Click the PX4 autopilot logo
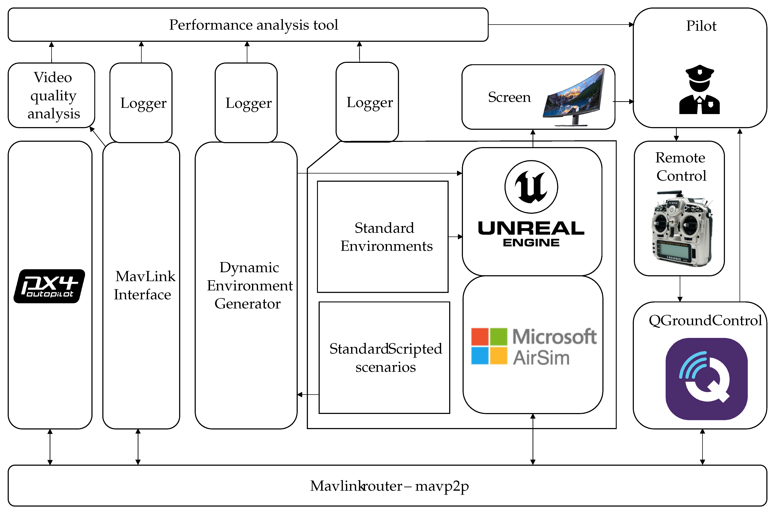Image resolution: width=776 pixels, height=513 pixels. click(49, 286)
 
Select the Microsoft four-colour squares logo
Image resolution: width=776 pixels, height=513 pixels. click(489, 346)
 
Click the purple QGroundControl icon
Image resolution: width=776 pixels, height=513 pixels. click(706, 379)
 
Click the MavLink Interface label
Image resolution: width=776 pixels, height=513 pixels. click(144, 285)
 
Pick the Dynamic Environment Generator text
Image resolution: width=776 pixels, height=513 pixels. click(249, 286)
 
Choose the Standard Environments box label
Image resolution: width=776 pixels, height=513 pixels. click(386, 237)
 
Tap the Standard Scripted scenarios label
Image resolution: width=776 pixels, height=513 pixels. click(386, 358)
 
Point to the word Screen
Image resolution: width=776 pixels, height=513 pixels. click(509, 97)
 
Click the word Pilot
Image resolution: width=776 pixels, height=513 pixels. click(701, 26)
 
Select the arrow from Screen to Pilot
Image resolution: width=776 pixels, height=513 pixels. click(623, 101)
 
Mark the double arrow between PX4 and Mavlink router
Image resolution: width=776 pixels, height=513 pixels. click(50, 447)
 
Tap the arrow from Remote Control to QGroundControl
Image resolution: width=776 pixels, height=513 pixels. click(680, 289)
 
